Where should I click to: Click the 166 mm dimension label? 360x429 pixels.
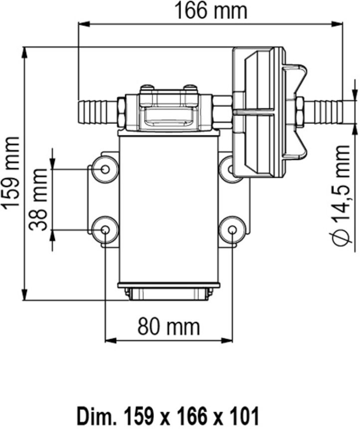pos(210,11)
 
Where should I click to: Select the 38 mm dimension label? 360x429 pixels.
pos(38,200)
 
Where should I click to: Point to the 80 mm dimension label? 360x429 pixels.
pos(169,326)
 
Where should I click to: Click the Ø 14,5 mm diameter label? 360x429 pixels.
pos(342,196)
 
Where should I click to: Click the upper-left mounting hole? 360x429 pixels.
pos(105,170)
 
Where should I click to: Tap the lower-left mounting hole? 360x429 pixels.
pos(105,230)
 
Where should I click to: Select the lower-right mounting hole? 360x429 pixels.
pos(232,230)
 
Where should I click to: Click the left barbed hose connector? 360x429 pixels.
pos(98,112)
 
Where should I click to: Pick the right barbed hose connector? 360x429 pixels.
pos(323,112)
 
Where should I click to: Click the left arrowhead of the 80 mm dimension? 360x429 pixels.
pos(111,341)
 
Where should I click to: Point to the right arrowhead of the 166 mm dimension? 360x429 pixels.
pos(337,24)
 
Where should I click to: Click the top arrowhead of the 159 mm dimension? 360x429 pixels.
pos(25,53)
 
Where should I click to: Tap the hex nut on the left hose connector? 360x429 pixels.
pos(122,112)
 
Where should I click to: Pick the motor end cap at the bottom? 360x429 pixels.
pos(169,291)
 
